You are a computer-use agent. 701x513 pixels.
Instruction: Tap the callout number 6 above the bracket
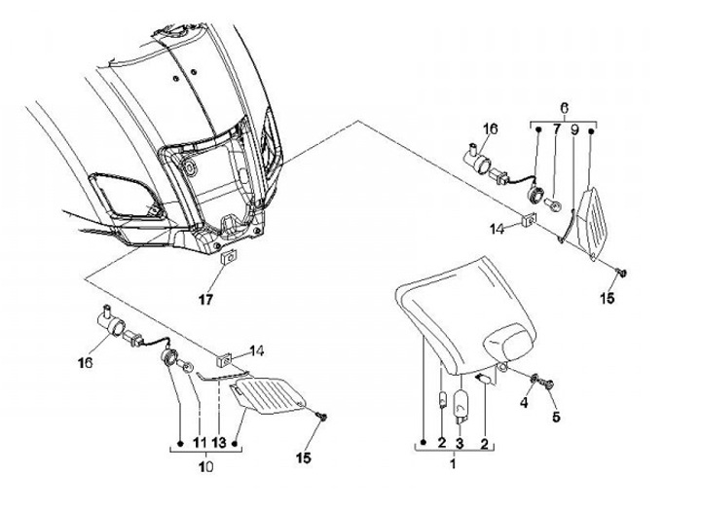click(x=563, y=106)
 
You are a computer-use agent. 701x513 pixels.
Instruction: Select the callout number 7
click(x=556, y=128)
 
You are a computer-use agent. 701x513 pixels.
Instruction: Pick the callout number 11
click(x=199, y=443)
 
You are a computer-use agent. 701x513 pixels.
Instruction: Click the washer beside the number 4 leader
click(x=535, y=377)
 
